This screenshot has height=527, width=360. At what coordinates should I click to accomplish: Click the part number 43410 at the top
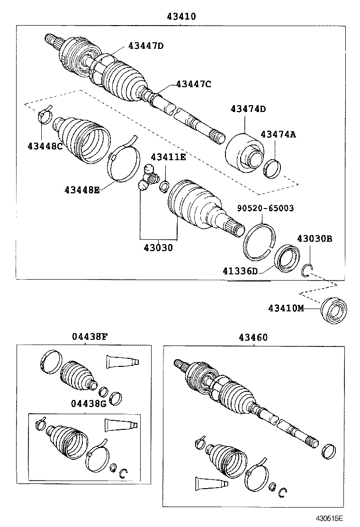click(181, 16)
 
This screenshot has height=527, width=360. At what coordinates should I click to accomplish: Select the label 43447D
click(145, 45)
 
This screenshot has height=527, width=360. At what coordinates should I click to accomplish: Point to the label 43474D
click(248, 109)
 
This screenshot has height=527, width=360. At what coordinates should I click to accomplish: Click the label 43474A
click(278, 134)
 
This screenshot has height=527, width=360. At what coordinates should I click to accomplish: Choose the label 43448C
click(45, 146)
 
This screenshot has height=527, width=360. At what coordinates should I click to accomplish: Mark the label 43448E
click(82, 190)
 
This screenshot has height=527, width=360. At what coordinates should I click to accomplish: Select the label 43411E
click(168, 157)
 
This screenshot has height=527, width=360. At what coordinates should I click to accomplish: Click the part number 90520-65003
click(265, 208)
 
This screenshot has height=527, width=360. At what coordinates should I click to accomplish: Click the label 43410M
click(286, 308)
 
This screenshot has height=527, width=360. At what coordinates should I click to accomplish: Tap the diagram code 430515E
click(330, 518)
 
